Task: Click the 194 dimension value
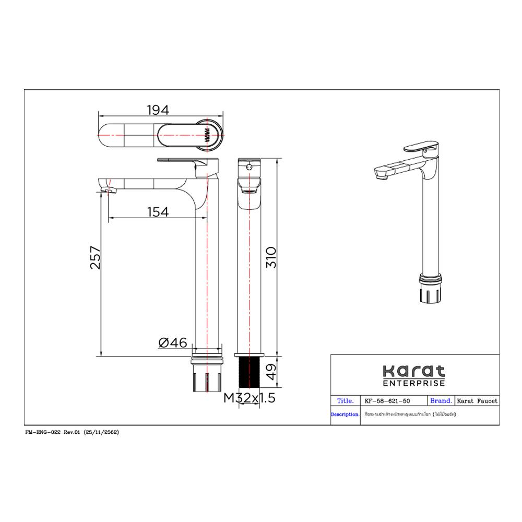coord(158,110)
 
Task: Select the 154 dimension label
coord(158,211)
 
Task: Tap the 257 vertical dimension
coord(95,257)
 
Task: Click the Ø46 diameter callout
coord(172,343)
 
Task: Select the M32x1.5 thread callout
coord(249,398)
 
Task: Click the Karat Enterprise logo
coord(414,375)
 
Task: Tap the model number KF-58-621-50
coord(387,401)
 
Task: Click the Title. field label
coord(345,401)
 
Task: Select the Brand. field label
coord(441,401)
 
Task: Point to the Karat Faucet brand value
coord(477,401)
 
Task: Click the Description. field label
coord(345,414)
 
